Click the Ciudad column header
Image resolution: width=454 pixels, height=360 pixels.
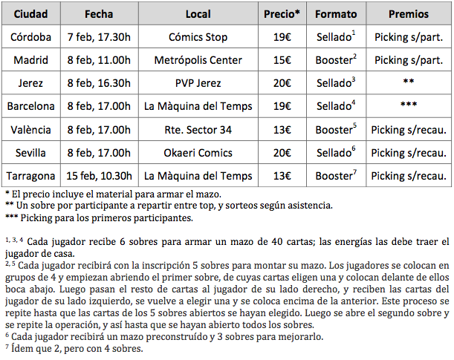coord(32,14)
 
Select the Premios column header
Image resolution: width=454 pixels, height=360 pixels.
coord(409,14)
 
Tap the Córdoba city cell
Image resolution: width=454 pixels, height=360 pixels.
coord(32,37)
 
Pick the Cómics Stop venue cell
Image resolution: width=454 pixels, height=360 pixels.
coord(198,37)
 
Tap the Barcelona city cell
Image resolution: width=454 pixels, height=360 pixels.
coord(32,106)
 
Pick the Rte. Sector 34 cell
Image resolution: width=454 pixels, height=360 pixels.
coord(198,130)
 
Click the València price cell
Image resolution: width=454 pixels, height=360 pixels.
coord(282,130)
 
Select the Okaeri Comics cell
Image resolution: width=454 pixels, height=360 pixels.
coord(198,153)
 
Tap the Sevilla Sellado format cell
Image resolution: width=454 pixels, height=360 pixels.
coord(336,153)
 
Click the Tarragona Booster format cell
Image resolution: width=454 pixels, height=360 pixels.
coord(336,177)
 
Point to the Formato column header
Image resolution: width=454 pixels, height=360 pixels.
coord(336,14)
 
